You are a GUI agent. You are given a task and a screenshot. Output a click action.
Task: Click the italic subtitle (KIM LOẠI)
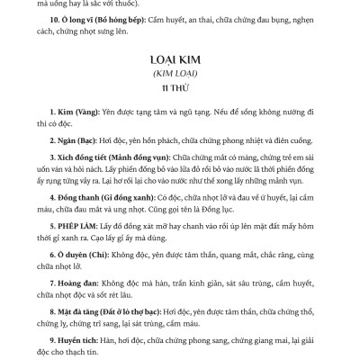[178, 76]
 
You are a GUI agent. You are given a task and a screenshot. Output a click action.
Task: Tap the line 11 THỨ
[178, 90]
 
